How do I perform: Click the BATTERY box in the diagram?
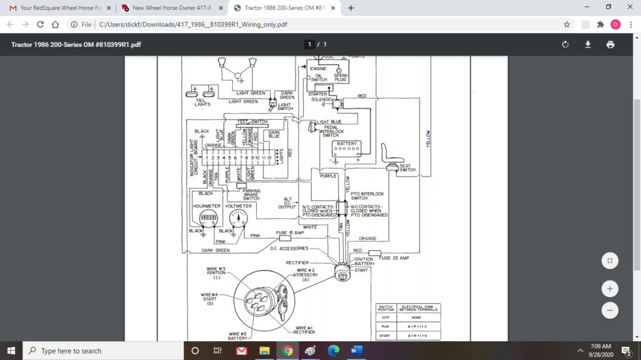(347, 148)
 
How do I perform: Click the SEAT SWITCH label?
(407, 168)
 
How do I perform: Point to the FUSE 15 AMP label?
(290, 232)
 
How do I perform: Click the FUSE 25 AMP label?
(394, 258)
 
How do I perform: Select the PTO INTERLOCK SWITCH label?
(367, 196)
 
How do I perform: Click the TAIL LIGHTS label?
(202, 102)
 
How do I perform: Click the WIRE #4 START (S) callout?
(210, 299)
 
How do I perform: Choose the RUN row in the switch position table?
(408, 326)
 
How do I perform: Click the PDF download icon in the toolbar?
(588, 44)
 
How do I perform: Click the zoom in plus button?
(610, 289)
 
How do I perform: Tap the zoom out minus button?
(610, 310)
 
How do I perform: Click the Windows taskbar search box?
(103, 351)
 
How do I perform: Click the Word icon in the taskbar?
(356, 351)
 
